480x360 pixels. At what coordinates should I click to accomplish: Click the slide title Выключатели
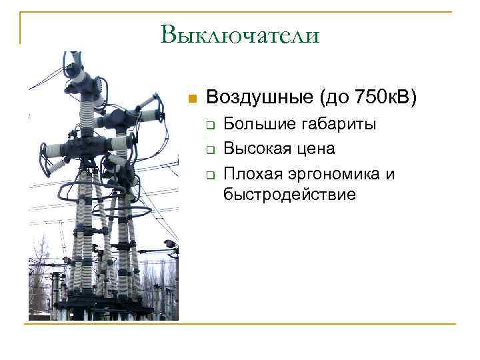point(240,34)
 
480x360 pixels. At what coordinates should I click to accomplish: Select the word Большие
point(255,124)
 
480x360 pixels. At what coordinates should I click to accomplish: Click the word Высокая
point(255,148)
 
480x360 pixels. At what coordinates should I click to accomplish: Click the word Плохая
point(251,173)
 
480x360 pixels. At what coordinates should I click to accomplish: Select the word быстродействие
point(290,194)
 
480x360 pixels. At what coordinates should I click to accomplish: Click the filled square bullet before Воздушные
point(192,99)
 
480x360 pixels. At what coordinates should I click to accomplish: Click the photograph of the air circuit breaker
point(103,187)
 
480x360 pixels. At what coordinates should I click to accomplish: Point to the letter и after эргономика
point(390,175)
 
